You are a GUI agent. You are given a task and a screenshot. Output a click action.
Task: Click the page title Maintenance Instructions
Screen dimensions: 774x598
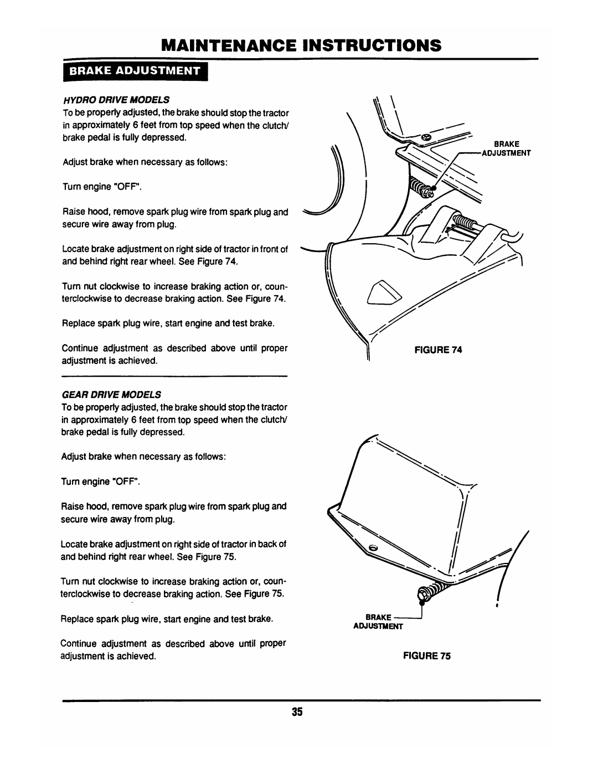pyautogui.click(x=299, y=45)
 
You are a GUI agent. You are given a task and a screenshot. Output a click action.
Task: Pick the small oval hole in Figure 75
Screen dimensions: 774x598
pyautogui.click(x=373, y=547)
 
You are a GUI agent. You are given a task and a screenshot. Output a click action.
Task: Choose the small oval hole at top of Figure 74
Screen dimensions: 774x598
pyautogui.click(x=424, y=137)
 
